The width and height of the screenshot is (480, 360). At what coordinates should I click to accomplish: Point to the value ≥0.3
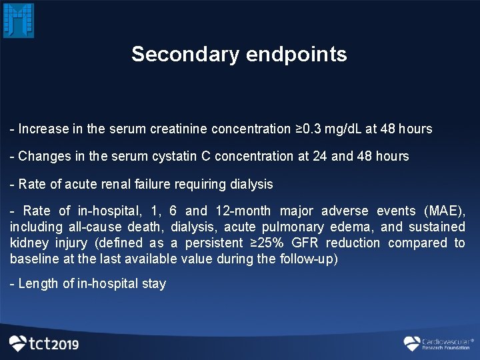[309, 129]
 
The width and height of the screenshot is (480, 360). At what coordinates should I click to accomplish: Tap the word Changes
[42, 156]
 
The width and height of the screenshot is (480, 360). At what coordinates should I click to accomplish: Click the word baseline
[33, 259]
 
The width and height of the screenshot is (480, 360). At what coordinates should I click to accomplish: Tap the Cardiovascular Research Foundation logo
[437, 343]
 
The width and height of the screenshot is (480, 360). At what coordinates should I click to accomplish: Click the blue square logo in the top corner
[19, 20]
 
